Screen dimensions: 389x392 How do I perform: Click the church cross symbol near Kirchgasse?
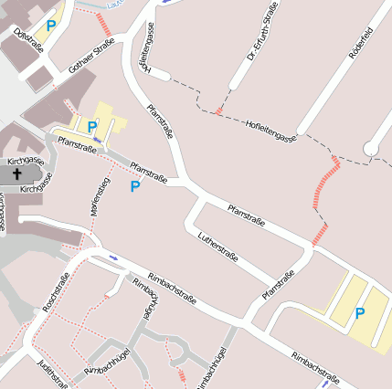tap(17, 172)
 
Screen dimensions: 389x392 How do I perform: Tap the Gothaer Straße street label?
tap(91, 58)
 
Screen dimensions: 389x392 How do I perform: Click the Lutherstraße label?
tap(218, 247)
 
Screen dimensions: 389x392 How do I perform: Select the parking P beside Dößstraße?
tap(51, 26)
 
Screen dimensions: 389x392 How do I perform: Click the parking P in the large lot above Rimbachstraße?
tap(359, 313)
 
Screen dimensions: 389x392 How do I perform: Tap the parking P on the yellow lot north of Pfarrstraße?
tap(92, 126)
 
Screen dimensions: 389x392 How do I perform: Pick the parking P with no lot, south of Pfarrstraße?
tap(135, 186)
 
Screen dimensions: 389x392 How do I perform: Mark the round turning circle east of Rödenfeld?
tap(371, 148)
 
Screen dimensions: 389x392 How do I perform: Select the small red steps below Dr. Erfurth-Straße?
tap(218, 111)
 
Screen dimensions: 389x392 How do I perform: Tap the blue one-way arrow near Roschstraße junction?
tap(113, 258)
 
